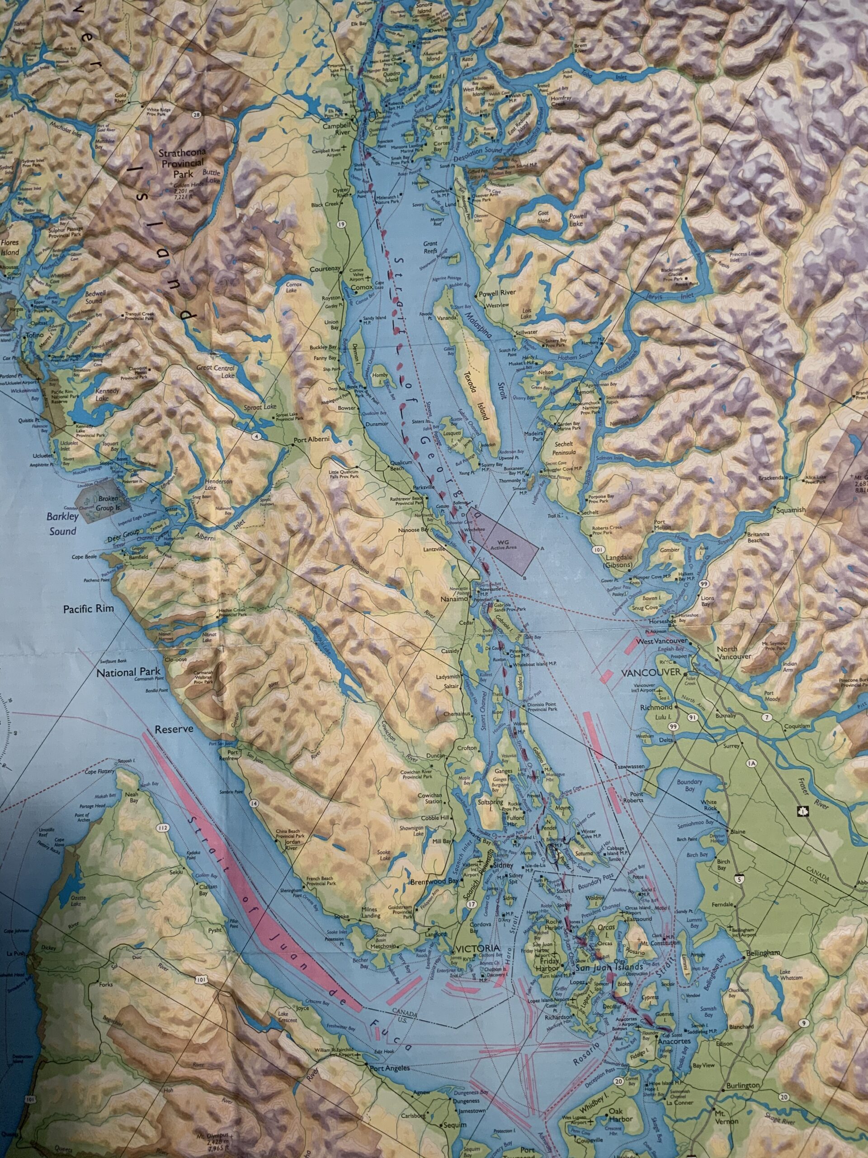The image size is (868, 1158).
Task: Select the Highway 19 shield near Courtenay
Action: tap(342, 224)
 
